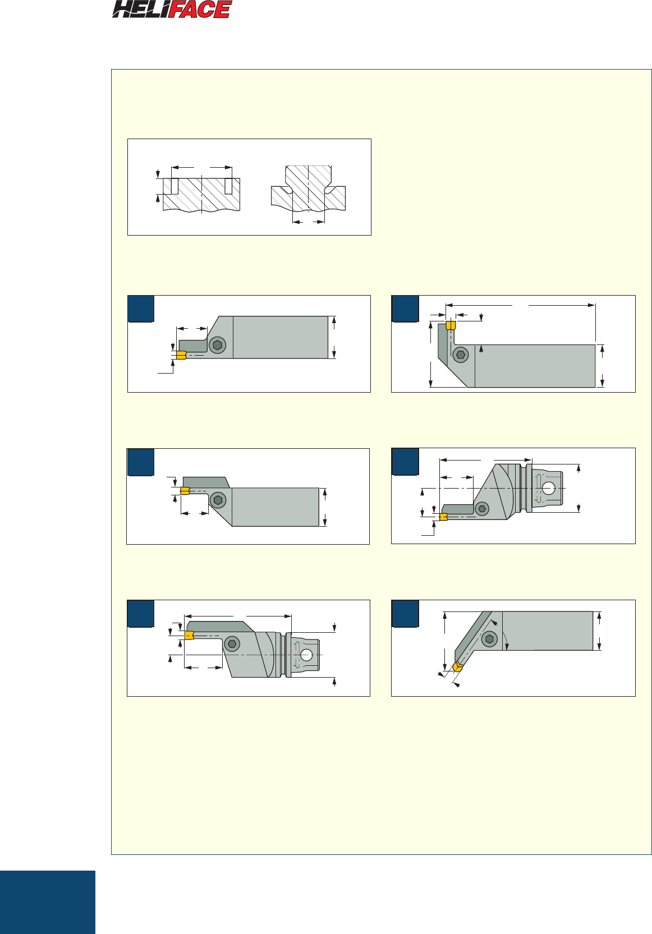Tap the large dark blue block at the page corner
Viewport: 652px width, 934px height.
48,902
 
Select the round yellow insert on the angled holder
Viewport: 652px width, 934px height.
458,666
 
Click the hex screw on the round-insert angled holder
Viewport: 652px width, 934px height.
489,639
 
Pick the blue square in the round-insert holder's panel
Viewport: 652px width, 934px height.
405,613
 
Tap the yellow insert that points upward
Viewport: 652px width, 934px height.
451,325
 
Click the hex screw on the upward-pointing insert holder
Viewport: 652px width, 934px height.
461,355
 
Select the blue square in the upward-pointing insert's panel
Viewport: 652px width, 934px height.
405,309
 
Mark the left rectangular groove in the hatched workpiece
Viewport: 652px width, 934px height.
175,186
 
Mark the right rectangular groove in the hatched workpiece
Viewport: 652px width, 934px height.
228,186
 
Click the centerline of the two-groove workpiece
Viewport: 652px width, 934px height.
202,194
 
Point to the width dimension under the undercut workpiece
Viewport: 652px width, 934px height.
309,222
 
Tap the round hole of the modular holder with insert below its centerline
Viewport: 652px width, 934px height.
549,488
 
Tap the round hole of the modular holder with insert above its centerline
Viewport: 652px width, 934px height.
306,655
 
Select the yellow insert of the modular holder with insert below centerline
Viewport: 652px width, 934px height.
444,517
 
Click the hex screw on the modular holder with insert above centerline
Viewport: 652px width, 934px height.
232,644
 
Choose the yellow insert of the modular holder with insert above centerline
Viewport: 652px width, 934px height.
190,635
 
